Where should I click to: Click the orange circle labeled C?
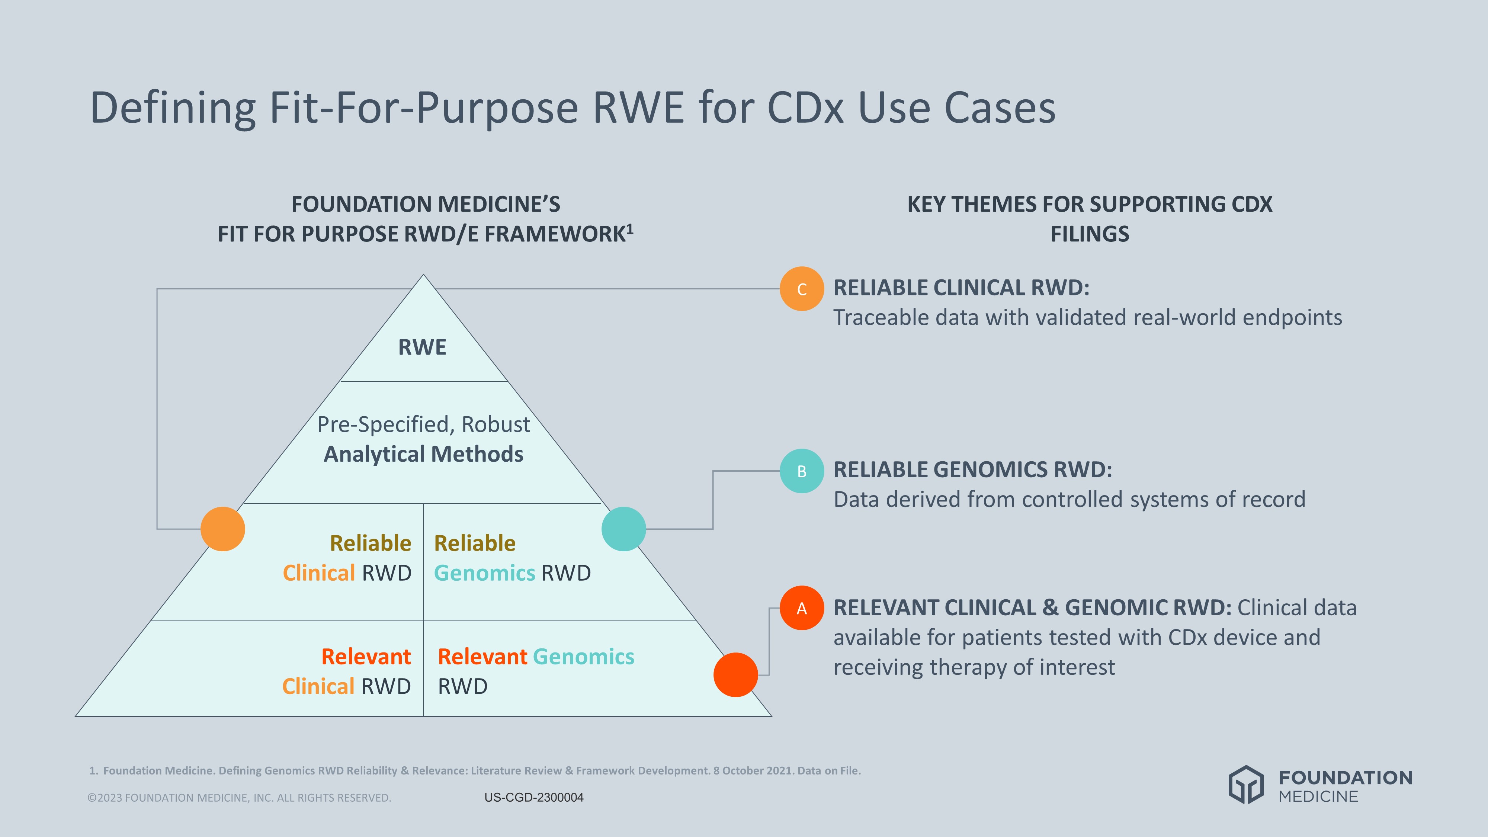click(x=801, y=289)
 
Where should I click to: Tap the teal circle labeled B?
click(x=801, y=471)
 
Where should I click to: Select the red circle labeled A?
click(x=801, y=608)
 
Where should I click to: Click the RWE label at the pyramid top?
click(x=422, y=347)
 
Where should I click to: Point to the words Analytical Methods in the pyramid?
click(x=423, y=454)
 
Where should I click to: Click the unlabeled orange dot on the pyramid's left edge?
click(x=222, y=529)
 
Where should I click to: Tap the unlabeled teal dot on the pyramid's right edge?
click(x=623, y=529)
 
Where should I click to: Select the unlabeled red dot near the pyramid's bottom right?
click(x=735, y=674)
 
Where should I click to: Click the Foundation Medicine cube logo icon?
click(x=1246, y=785)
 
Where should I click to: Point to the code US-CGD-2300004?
click(x=534, y=797)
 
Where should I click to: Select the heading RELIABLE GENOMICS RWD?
click(x=972, y=469)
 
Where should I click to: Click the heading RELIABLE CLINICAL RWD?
click(x=961, y=288)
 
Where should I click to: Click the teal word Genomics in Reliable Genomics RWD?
click(x=484, y=573)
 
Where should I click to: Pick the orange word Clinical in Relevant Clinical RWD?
click(x=318, y=686)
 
